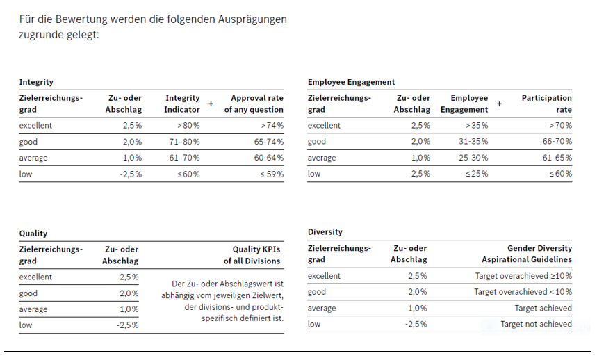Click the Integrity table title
[x=36, y=82]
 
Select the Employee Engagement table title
[x=351, y=82]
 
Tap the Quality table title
[x=33, y=234]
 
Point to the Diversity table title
[x=325, y=231]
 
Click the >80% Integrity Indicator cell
[x=188, y=126]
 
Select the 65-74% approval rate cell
[x=268, y=142]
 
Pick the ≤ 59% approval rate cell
[x=272, y=174]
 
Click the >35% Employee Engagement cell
[x=476, y=126]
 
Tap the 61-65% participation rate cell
[x=557, y=158]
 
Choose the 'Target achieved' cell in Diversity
[x=543, y=309]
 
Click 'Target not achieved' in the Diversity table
[x=536, y=325]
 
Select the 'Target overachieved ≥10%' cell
[x=523, y=276]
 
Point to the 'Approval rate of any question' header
[x=254, y=104]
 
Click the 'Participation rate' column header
[x=546, y=104]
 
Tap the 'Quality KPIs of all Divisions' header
[x=252, y=255]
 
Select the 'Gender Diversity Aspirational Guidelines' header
[x=527, y=254]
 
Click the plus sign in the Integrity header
[x=211, y=104]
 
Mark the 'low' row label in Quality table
[x=26, y=325]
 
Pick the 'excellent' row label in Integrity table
[x=35, y=126]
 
